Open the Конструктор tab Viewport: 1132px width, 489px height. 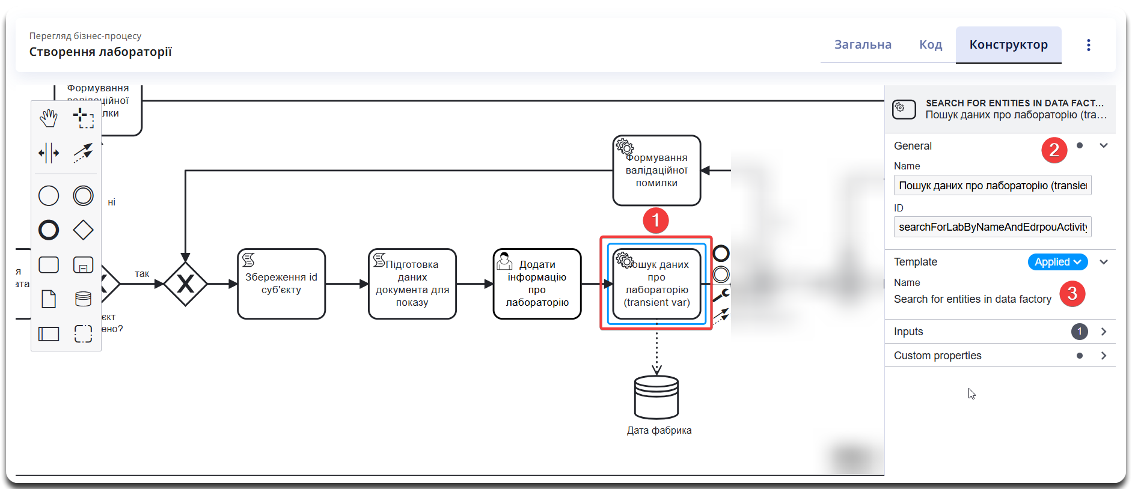[x=1008, y=45]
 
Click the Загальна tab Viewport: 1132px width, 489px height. [x=863, y=45]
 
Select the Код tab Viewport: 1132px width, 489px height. [x=930, y=45]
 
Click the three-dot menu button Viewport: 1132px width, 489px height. [x=1088, y=45]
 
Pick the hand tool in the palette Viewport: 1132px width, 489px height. [x=49, y=118]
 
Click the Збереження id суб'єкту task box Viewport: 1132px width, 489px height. [x=281, y=284]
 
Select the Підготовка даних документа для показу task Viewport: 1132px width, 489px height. [x=412, y=284]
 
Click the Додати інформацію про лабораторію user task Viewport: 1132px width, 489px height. [x=537, y=284]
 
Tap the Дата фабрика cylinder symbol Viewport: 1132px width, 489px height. [x=656, y=397]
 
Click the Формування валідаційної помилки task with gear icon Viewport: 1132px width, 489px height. [x=656, y=171]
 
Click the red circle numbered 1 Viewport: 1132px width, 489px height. [x=656, y=220]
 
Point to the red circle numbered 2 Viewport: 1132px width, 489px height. [x=1054, y=150]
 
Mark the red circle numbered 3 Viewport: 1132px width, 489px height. [x=1072, y=294]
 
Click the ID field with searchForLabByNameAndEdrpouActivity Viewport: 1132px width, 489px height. [x=992, y=227]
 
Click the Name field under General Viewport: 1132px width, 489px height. [x=992, y=186]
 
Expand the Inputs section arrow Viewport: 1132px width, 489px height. [x=1103, y=332]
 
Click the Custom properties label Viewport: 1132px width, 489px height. [x=937, y=356]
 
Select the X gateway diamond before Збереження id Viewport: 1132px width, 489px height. [x=185, y=284]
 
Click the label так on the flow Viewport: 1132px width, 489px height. [x=142, y=274]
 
